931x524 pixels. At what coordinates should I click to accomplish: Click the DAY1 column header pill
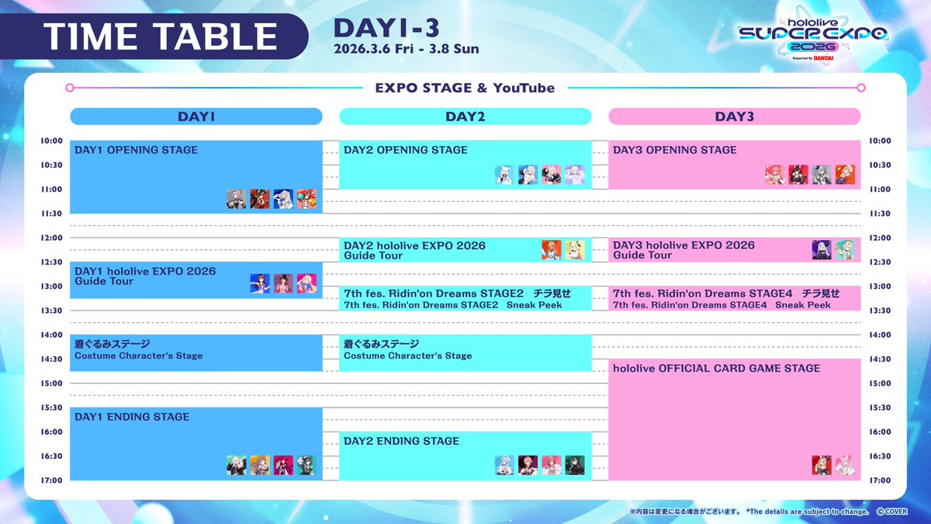(x=196, y=116)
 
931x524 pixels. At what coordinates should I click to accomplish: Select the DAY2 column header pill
(x=465, y=116)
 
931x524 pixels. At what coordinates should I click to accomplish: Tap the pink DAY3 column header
(x=735, y=116)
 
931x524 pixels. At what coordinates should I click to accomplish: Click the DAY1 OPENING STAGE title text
(x=136, y=150)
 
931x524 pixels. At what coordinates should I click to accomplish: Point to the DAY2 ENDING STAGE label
(x=401, y=441)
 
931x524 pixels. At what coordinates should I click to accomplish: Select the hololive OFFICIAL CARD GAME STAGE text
(x=717, y=368)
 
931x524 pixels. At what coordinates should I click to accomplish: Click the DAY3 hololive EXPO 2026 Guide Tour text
(x=684, y=250)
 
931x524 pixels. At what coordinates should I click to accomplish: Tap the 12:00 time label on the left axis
(x=51, y=238)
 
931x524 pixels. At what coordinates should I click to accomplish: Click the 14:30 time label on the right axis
(x=880, y=359)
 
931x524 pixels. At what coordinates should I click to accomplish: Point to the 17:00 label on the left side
(x=51, y=481)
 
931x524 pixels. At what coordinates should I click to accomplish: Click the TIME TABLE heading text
(x=161, y=36)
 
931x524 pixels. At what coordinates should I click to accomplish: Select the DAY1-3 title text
(x=386, y=28)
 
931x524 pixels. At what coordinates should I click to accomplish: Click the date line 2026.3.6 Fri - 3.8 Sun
(x=406, y=49)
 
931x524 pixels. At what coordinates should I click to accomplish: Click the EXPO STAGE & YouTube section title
(x=465, y=88)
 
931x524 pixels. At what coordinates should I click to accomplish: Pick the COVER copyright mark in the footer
(x=892, y=512)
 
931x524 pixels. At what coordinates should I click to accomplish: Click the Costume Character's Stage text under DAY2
(x=408, y=356)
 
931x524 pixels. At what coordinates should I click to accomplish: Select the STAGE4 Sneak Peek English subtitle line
(x=722, y=305)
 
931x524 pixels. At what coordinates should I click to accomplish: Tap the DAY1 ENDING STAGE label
(x=132, y=417)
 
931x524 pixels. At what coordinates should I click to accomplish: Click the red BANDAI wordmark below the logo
(x=823, y=58)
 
